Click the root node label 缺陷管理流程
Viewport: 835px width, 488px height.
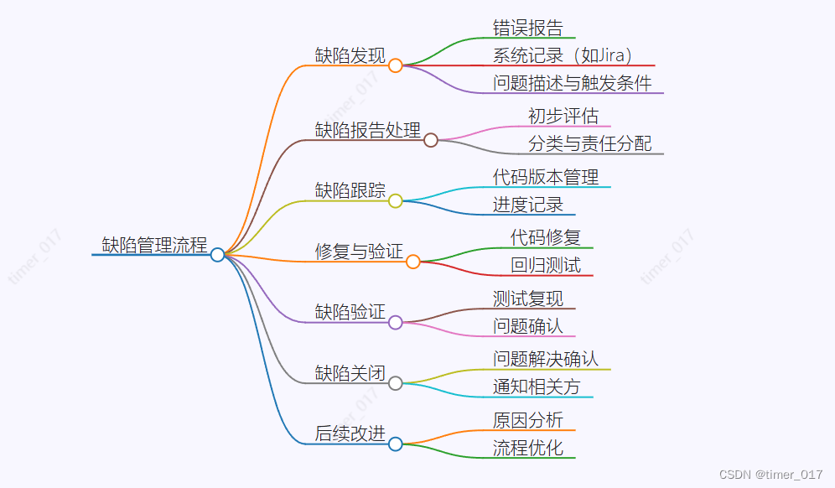[154, 246]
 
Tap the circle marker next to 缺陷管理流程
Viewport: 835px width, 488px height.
[217, 254]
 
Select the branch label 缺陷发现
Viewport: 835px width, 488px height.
[350, 56]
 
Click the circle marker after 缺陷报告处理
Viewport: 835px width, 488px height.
[430, 140]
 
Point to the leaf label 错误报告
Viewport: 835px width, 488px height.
[527, 28]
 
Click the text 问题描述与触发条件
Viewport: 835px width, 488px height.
[572, 83]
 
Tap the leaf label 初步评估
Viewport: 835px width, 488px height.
[563, 116]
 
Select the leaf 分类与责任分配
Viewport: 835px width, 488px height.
[589, 143]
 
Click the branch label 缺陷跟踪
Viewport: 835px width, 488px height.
[350, 190]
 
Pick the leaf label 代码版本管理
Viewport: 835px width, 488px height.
[545, 177]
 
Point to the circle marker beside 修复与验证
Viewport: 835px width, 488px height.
[412, 262]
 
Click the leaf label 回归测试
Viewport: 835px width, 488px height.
[545, 266]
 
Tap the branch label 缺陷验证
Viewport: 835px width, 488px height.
[350, 312]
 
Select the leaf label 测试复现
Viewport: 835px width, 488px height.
[527, 299]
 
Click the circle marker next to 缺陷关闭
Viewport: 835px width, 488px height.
[395, 383]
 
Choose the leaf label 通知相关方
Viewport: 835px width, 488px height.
[537, 387]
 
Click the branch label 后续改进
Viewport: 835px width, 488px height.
[350, 433]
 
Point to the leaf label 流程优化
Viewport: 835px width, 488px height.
[527, 448]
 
